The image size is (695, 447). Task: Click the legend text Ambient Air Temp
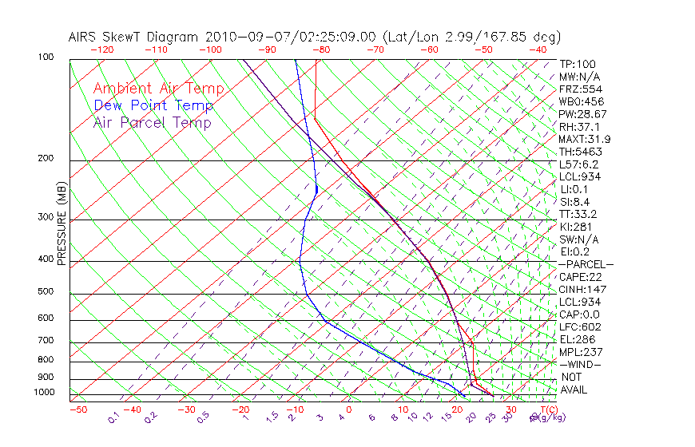(158, 89)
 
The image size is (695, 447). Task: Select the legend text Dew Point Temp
(153, 105)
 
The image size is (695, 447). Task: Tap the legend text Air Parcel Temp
(153, 122)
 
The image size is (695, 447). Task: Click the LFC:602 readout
(580, 327)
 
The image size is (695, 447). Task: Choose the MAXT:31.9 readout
(586, 139)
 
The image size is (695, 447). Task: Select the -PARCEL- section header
(586, 264)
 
